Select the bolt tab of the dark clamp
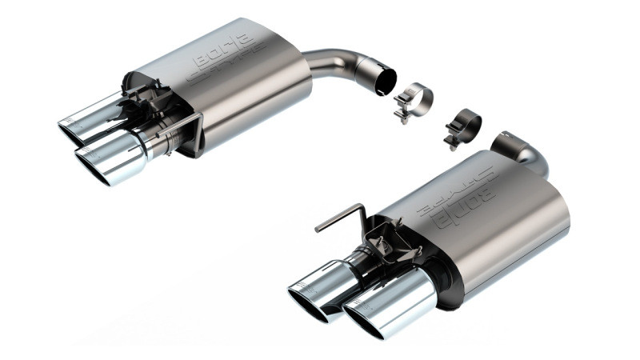click(x=454, y=143)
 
